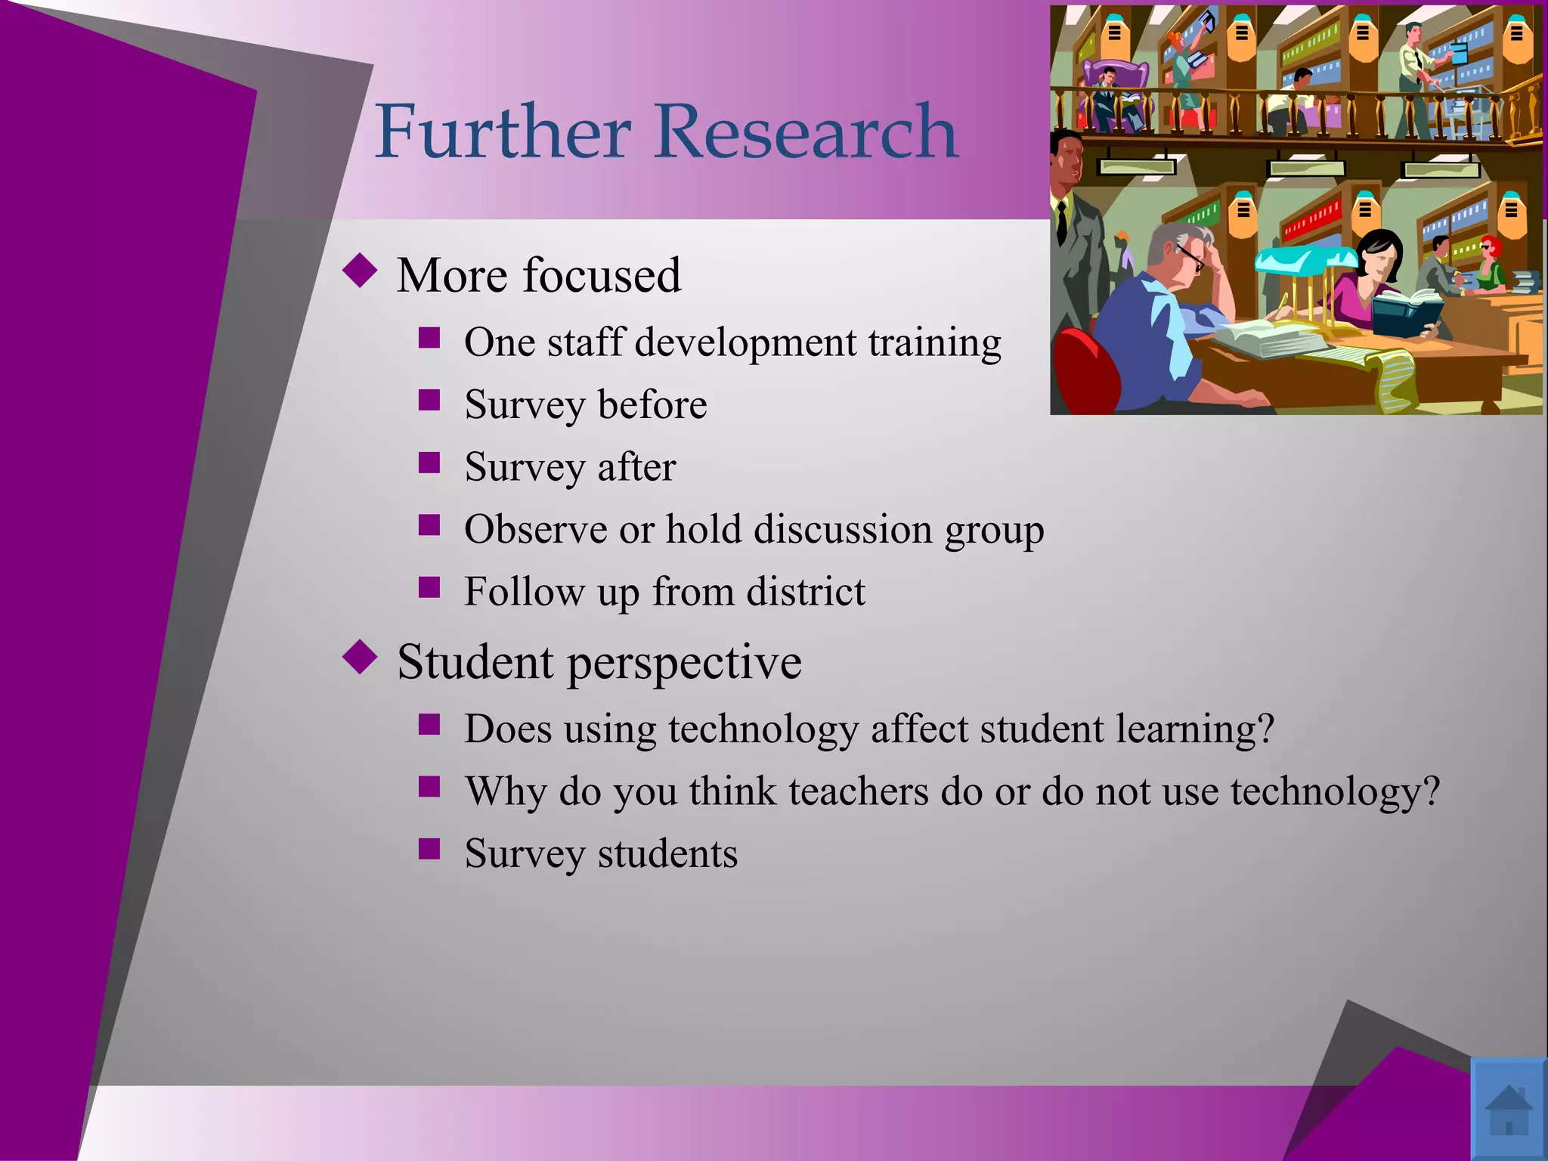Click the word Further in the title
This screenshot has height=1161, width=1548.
pyautogui.click(x=503, y=132)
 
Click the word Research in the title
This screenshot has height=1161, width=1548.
pyautogui.click(x=807, y=132)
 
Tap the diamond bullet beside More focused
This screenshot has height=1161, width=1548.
pyautogui.click(x=360, y=271)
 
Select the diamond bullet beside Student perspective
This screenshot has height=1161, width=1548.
pyautogui.click(x=360, y=657)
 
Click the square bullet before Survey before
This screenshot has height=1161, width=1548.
pyautogui.click(x=429, y=400)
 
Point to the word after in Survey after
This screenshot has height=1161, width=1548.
pyautogui.click(x=636, y=467)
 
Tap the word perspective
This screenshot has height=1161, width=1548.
pyautogui.click(x=684, y=663)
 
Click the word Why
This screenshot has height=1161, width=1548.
pyautogui.click(x=506, y=791)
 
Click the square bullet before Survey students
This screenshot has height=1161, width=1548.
pyautogui.click(x=429, y=849)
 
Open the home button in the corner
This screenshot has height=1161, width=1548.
pyautogui.click(x=1509, y=1109)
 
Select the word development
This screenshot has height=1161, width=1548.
pyautogui.click(x=745, y=342)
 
